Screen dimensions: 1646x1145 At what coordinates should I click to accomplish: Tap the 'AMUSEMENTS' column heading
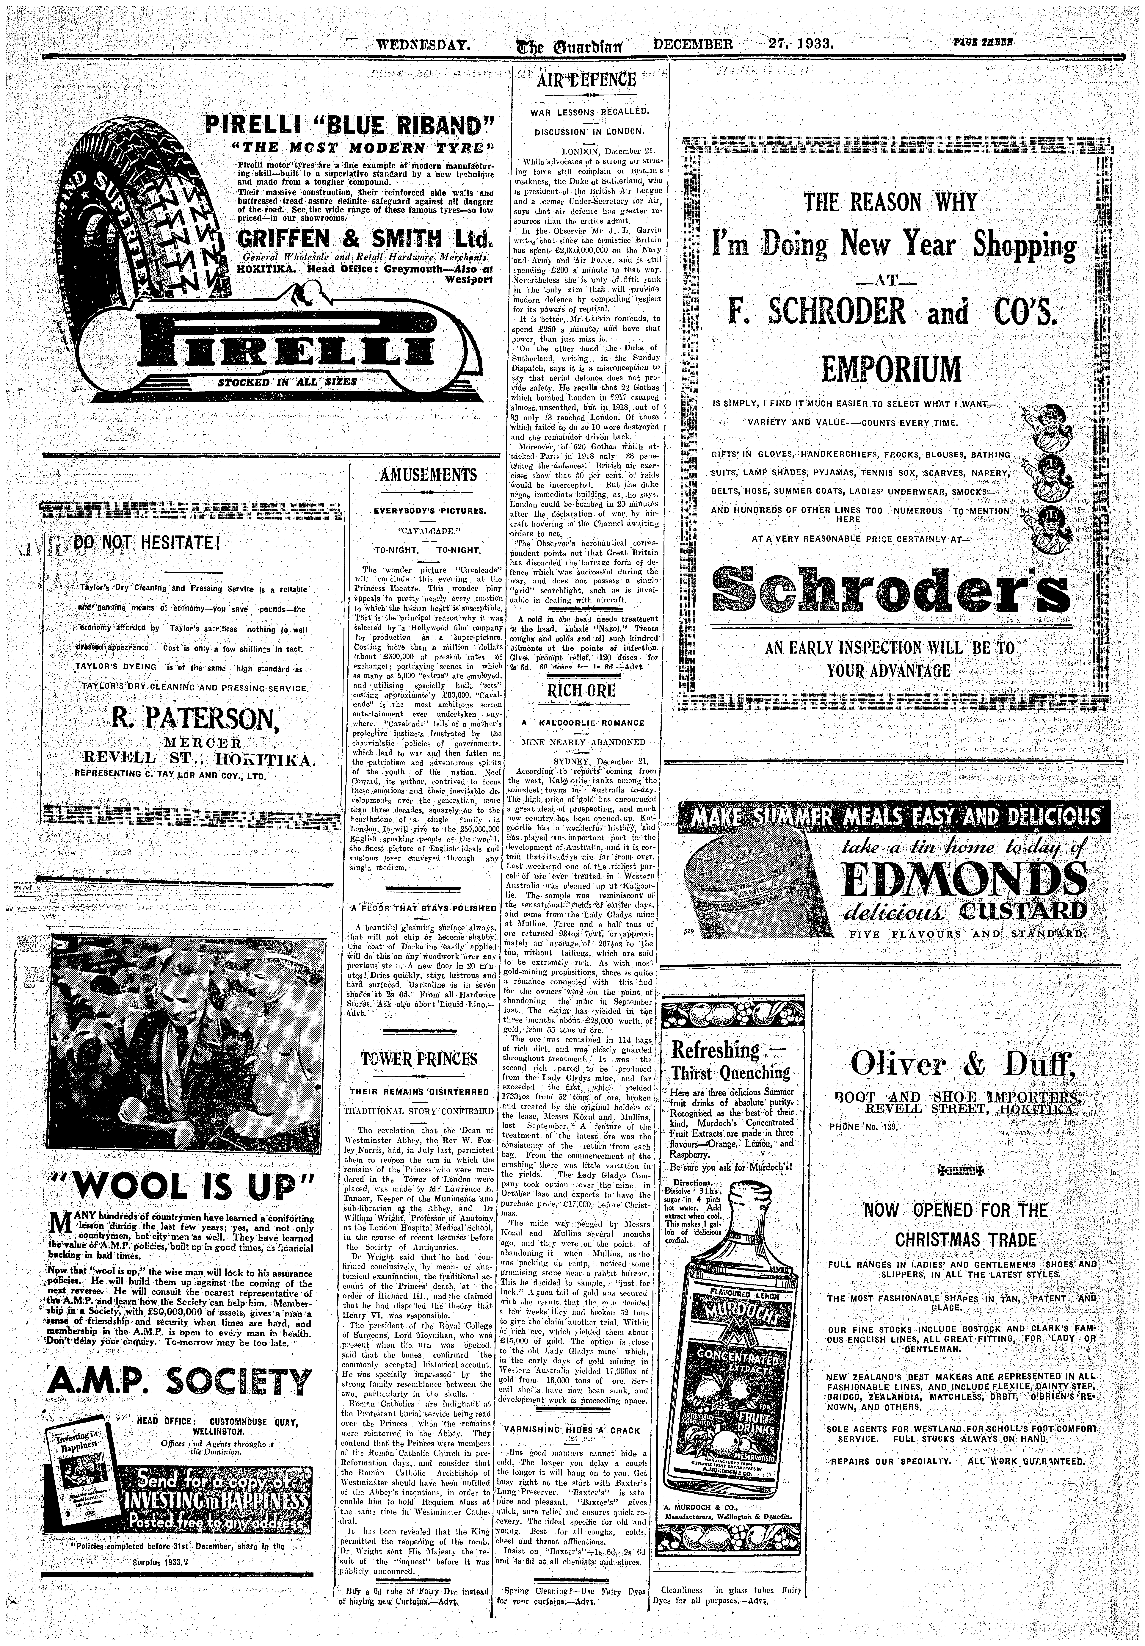(x=428, y=474)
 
